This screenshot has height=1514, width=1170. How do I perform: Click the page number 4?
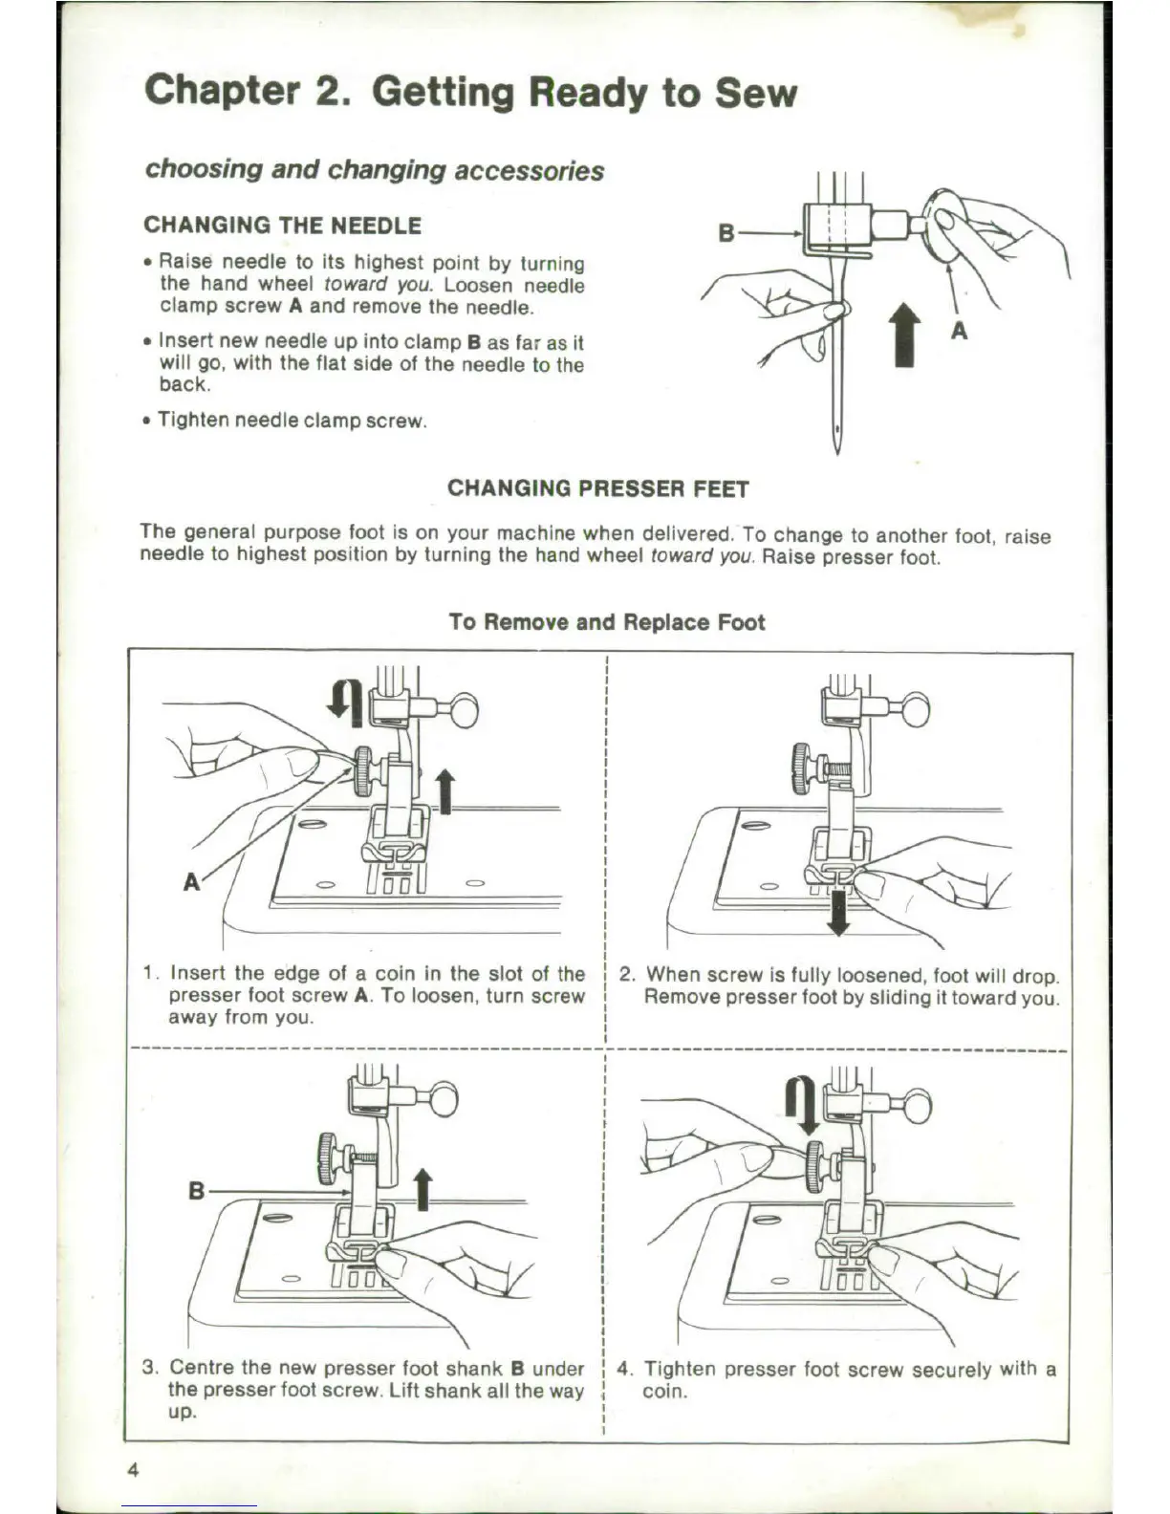[134, 1470]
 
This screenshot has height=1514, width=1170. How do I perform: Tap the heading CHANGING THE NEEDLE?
[282, 226]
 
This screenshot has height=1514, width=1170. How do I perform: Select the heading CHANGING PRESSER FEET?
[598, 488]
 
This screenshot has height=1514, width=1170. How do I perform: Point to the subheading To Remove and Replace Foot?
[607, 622]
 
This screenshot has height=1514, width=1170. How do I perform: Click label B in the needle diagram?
[726, 232]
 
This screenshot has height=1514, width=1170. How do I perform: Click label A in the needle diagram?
[960, 331]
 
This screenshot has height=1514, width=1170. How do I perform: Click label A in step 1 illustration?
[192, 881]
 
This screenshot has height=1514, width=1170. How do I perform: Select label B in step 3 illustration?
[196, 1192]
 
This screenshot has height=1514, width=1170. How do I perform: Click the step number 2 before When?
[627, 975]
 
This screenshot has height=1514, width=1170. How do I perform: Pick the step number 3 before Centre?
[148, 1368]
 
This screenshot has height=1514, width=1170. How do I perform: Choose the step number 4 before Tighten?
[624, 1369]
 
